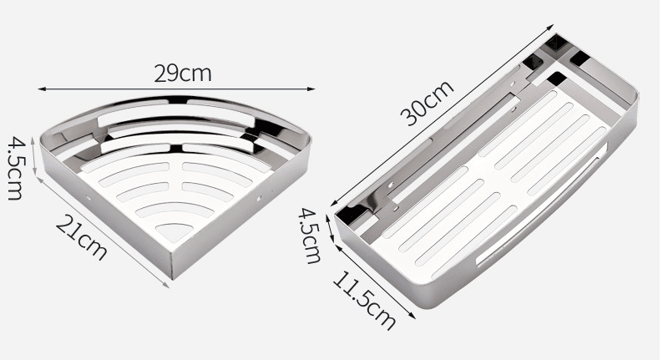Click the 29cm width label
pos(183,73)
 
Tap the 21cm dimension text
pos(81,236)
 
